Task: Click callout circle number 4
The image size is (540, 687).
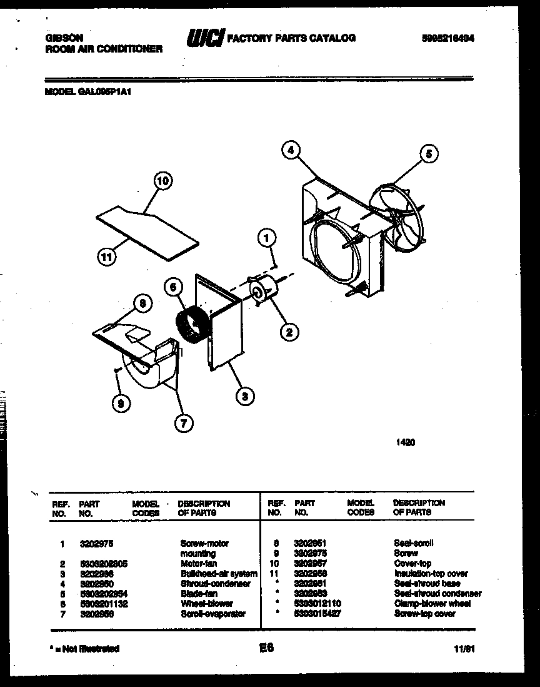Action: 291,150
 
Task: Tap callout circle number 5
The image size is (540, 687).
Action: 428,154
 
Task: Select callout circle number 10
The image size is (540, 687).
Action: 162,181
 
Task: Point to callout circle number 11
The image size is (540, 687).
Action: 107,255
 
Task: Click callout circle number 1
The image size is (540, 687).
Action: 267,237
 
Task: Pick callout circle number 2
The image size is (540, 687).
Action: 289,332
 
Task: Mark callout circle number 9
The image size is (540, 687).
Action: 121,404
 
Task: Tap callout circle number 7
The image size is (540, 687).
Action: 182,424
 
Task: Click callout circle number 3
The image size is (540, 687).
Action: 245,395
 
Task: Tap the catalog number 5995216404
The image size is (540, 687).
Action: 447,38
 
